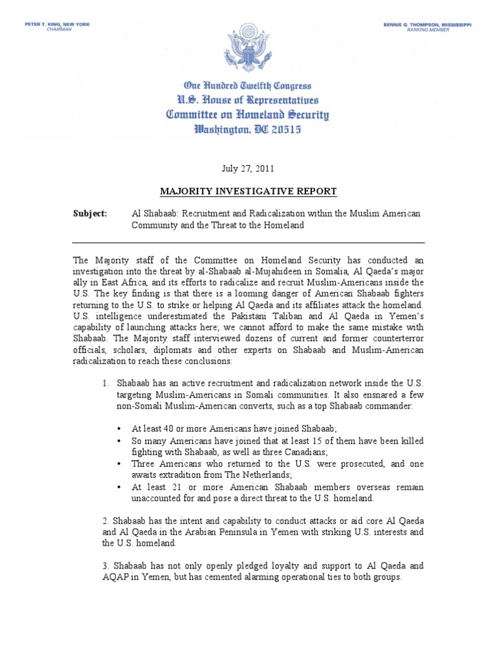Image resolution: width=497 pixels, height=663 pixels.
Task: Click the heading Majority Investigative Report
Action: click(x=248, y=191)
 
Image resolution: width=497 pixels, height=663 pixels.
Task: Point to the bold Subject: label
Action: click(x=90, y=213)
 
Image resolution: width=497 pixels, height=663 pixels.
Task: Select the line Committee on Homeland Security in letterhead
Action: click(x=248, y=115)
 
